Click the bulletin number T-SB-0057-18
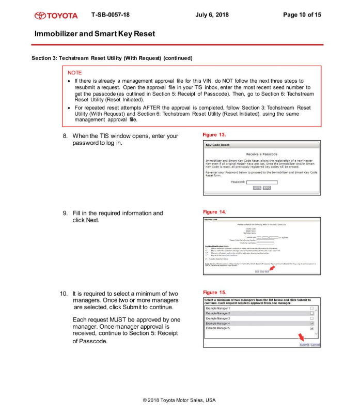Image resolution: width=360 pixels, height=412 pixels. (x=110, y=14)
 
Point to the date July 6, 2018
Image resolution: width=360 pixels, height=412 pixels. (x=212, y=14)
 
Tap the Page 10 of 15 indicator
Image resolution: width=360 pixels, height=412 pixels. (x=302, y=14)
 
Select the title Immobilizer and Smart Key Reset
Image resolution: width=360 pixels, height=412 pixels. (x=95, y=34)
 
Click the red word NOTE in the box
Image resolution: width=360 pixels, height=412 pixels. (x=74, y=73)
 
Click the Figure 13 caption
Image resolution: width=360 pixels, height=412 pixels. (x=214, y=134)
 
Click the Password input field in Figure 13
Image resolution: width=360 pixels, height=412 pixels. (x=262, y=182)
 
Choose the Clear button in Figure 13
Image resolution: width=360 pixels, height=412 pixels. (x=257, y=188)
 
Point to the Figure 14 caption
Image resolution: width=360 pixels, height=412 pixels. (x=214, y=212)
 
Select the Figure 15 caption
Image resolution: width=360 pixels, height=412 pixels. (x=214, y=293)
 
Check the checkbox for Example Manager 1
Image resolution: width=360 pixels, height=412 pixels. (x=311, y=309)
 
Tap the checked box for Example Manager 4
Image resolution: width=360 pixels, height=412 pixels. (x=311, y=324)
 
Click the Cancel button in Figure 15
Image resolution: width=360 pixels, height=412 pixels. (x=315, y=344)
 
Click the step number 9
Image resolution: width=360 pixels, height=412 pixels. (x=65, y=213)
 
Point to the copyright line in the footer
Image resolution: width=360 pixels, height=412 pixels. (x=179, y=400)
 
